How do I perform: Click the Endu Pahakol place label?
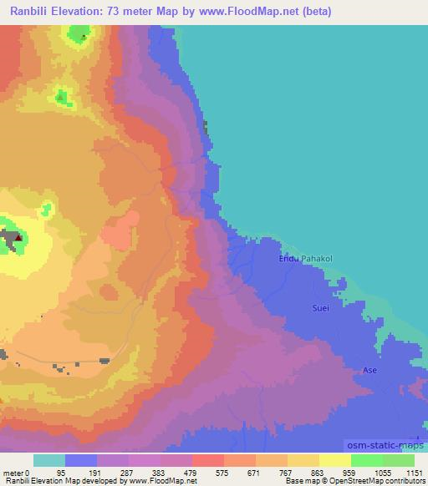305,259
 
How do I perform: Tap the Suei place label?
321,308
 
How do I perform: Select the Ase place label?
369,369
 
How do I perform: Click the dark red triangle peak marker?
17,238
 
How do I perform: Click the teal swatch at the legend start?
49,460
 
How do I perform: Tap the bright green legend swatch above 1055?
366,460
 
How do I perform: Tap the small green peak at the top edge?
81,33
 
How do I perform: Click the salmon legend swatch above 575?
207,460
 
